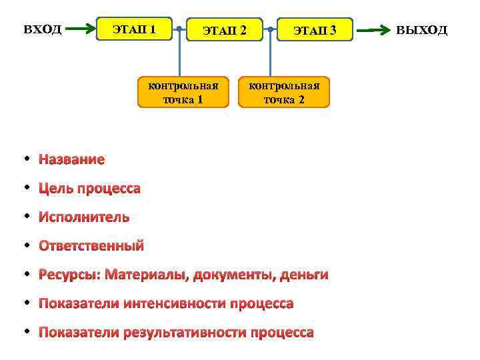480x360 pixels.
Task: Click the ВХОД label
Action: point(43,29)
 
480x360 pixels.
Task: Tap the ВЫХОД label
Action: point(422,30)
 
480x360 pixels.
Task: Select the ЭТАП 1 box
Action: point(135,29)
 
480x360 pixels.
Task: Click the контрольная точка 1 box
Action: point(183,93)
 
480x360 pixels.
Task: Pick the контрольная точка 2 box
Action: point(284,93)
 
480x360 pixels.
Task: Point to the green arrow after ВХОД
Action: point(82,29)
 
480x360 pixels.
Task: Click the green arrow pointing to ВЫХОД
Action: point(374,30)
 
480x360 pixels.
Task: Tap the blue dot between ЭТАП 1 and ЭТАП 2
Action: point(179,29)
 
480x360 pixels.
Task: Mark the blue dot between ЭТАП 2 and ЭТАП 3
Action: point(270,29)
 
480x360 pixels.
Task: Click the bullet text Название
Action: point(71,159)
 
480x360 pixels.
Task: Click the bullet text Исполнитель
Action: point(84,217)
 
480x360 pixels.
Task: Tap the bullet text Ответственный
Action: point(91,246)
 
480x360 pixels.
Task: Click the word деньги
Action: point(304,275)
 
